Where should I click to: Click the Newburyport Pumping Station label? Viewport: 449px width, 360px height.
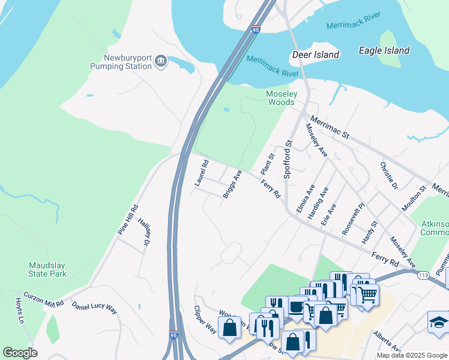pyautogui.click(x=121, y=62)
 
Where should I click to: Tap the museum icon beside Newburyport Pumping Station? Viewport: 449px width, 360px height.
pyautogui.click(x=160, y=61)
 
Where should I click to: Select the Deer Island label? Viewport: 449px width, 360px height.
pyautogui.click(x=316, y=55)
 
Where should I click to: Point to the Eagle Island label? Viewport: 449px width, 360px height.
pyautogui.click(x=384, y=51)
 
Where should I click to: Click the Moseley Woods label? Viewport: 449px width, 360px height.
pyautogui.click(x=281, y=98)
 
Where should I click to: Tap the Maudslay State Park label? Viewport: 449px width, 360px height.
pyautogui.click(x=47, y=269)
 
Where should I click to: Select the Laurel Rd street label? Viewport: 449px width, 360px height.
pyautogui.click(x=202, y=172)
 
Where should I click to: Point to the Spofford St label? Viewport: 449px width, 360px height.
pyautogui.click(x=288, y=159)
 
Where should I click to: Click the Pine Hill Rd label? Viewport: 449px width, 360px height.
pyautogui.click(x=128, y=220)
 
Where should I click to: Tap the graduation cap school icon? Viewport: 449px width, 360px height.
pyautogui.click(x=438, y=322)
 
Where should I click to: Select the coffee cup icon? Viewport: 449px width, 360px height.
pyautogui.click(x=295, y=306)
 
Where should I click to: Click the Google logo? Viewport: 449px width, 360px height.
pyautogui.click(x=20, y=353)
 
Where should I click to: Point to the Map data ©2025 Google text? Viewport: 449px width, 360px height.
pyautogui.click(x=411, y=355)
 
